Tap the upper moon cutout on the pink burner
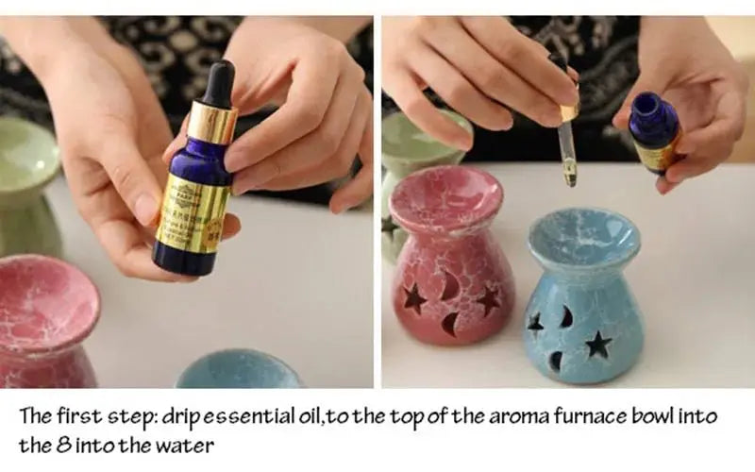click(451, 282)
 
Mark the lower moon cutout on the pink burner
click(451, 325)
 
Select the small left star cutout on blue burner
click(536, 324)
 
